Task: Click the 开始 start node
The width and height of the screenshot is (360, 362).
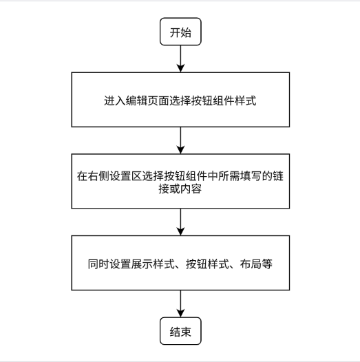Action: click(x=180, y=33)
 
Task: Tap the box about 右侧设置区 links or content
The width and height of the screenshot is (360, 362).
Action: click(x=180, y=181)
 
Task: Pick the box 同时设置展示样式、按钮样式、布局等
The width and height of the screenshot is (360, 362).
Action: click(x=180, y=263)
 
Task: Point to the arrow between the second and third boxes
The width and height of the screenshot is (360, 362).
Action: click(x=180, y=222)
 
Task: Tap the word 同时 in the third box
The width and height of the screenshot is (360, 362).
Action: click(x=96, y=263)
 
